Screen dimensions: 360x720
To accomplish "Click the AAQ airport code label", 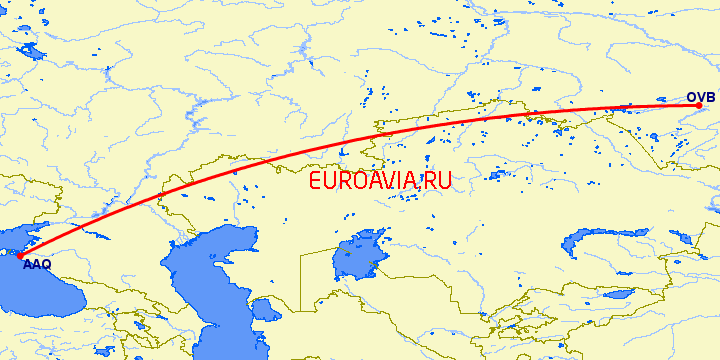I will [x=37, y=265].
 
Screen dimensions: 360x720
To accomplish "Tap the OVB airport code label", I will [x=700, y=97].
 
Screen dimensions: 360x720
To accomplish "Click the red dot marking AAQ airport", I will [x=19, y=256].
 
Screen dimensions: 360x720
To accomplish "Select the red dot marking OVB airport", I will [x=698, y=106].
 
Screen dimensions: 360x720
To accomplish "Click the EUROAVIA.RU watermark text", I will [x=380, y=181].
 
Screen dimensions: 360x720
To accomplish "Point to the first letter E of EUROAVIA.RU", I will [x=316, y=181].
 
